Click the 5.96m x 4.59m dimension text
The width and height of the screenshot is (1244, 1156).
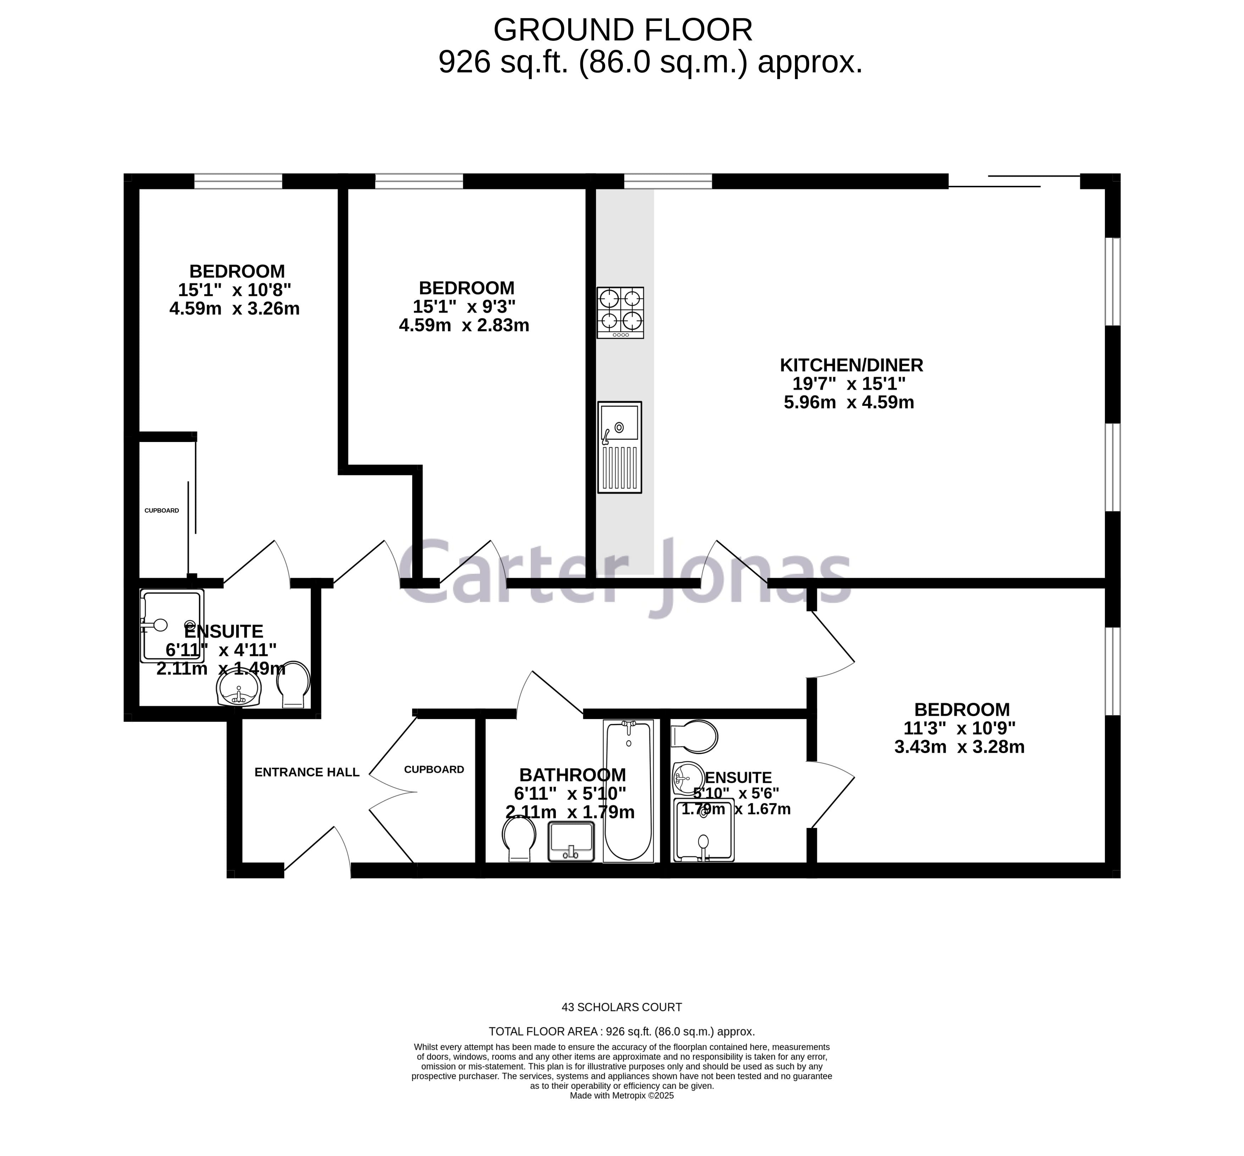[x=849, y=402]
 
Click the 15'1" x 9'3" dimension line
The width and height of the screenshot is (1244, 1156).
[x=464, y=306]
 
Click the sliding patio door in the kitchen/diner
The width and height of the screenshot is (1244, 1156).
[x=1013, y=181]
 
